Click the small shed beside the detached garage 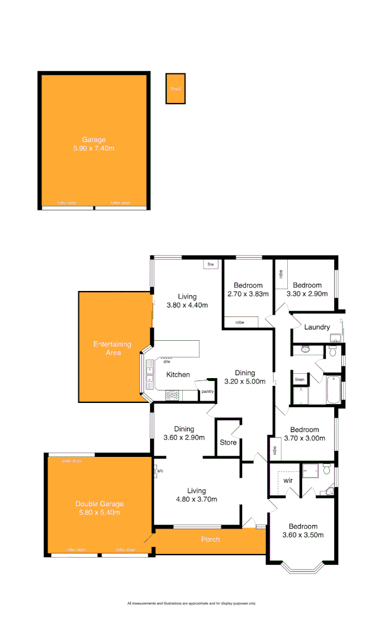pyautogui.click(x=175, y=89)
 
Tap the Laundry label pyautogui.click(x=316, y=327)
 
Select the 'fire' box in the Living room pyautogui.click(x=210, y=264)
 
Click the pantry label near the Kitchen pyautogui.click(x=207, y=391)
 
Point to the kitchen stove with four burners pyautogui.click(x=173, y=393)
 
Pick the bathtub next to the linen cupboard pyautogui.click(x=332, y=389)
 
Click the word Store pyautogui.click(x=228, y=443)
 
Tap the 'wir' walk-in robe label pyautogui.click(x=288, y=480)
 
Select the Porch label pyautogui.click(x=211, y=539)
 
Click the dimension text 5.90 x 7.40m pyautogui.click(x=94, y=148)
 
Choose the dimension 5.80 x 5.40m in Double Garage pyautogui.click(x=99, y=513)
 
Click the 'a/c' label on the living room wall pyautogui.click(x=160, y=471)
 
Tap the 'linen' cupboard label pyautogui.click(x=299, y=379)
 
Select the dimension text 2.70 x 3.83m pyautogui.click(x=248, y=293)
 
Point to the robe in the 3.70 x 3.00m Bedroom pyautogui.click(x=275, y=450)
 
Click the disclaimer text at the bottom pyautogui.click(x=191, y=603)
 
